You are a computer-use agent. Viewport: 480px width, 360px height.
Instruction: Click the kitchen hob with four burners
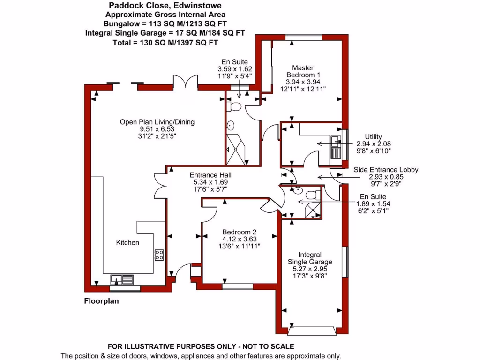[159, 255]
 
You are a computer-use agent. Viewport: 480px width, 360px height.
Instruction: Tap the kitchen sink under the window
[122, 279]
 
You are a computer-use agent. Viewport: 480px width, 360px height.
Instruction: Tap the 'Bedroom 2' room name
[239, 232]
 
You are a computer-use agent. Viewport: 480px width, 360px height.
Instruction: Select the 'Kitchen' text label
[127, 242]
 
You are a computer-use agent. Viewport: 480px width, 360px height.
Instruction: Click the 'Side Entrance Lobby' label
[386, 170]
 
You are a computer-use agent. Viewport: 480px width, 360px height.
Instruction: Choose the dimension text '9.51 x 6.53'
[157, 129]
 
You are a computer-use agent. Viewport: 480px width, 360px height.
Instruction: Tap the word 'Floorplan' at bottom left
[101, 301]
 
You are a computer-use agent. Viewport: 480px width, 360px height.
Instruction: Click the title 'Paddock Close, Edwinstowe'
[165, 6]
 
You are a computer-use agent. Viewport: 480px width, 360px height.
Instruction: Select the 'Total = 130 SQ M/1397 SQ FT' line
[165, 43]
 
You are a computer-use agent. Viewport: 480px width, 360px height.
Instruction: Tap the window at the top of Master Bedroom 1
[303, 37]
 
